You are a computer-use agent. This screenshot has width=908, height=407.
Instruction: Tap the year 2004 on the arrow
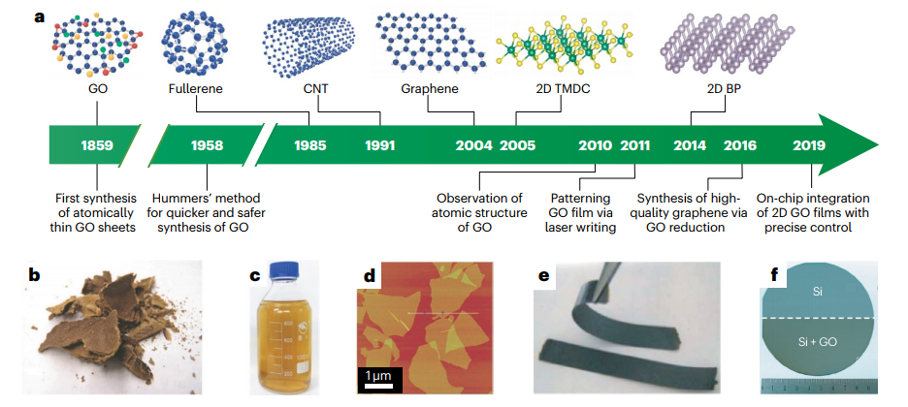(472, 146)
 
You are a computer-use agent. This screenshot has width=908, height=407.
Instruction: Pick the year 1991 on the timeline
(379, 146)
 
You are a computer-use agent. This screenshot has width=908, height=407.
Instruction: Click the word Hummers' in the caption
(191, 199)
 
